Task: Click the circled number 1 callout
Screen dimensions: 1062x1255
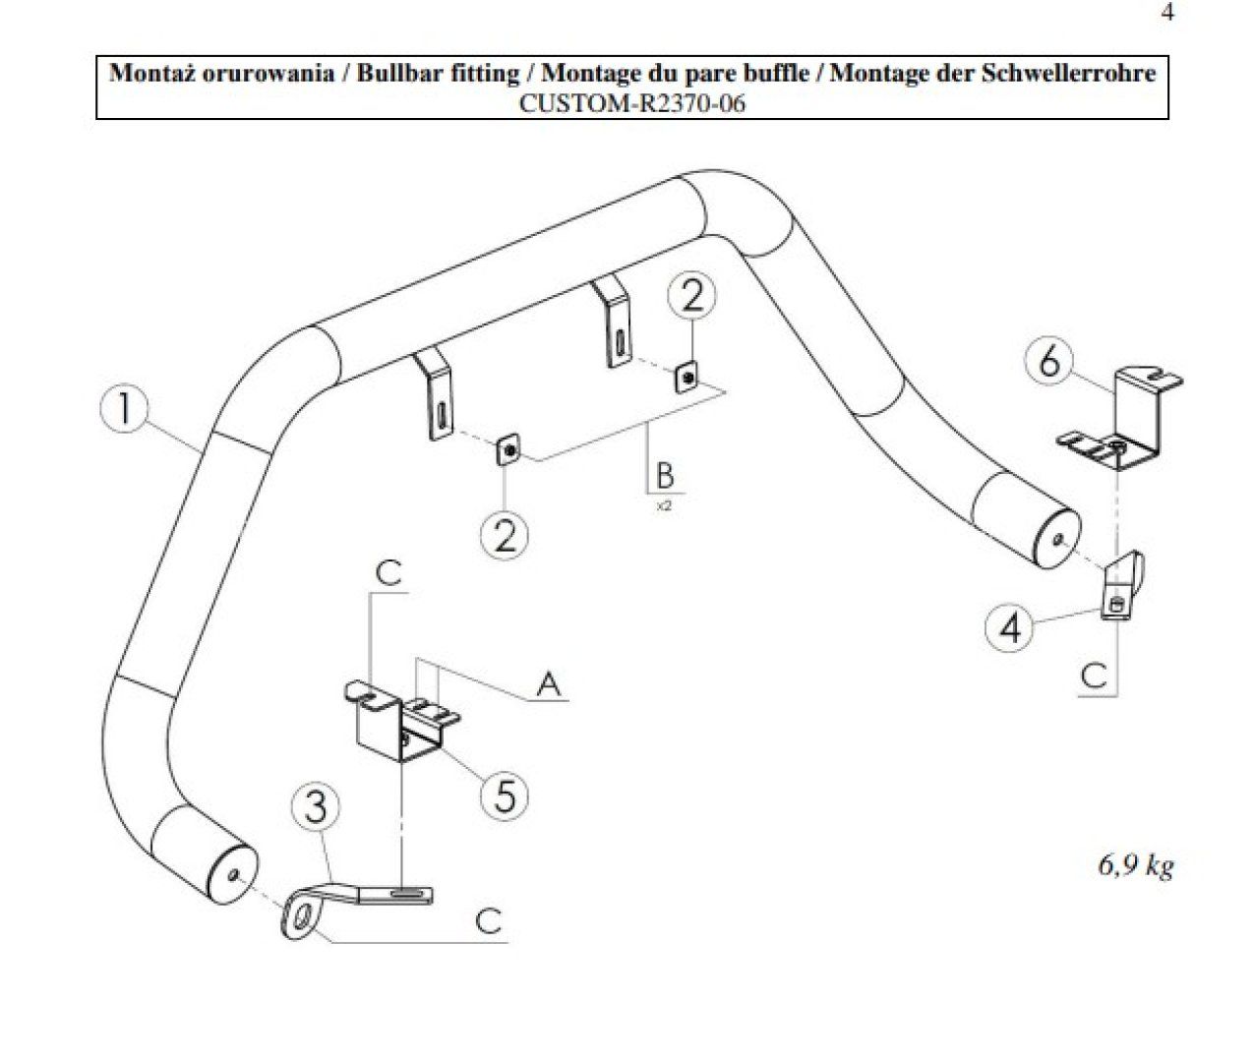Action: coord(125,409)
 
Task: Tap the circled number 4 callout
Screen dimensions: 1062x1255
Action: coord(1012,625)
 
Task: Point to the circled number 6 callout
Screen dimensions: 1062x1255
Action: coord(1050,362)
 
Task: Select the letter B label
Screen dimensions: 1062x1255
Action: coord(666,475)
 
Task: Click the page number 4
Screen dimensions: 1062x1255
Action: coord(1166,14)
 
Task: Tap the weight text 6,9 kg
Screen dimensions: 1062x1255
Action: coord(1135,866)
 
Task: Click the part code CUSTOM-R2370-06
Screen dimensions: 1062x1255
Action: coord(631,102)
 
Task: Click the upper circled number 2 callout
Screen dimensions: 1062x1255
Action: coord(693,296)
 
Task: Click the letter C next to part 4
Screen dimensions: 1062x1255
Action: coord(1094,676)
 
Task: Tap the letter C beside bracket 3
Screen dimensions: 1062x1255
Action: coord(488,920)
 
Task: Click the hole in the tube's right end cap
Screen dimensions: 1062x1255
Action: coord(1055,540)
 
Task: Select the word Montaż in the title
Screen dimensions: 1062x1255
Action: coord(149,74)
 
